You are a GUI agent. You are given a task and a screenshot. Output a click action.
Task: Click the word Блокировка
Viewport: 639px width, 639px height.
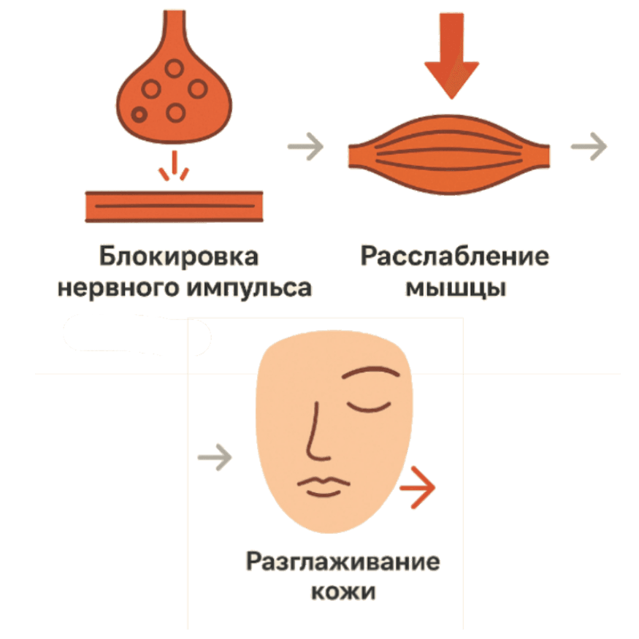tap(178, 257)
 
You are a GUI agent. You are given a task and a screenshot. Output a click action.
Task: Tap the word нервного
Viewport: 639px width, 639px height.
tap(118, 288)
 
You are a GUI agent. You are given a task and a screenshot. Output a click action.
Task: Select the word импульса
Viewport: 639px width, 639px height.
tap(250, 288)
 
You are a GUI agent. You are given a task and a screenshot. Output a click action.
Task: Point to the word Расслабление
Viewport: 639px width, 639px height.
tap(455, 257)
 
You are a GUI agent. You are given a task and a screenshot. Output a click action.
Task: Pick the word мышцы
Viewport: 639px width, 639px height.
tap(456, 288)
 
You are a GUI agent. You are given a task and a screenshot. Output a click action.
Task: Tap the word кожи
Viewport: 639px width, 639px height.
tap(343, 592)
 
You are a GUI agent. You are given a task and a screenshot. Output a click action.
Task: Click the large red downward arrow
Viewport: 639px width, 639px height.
tap(451, 56)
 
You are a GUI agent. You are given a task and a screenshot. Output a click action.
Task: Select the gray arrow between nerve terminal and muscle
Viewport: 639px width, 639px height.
tap(306, 146)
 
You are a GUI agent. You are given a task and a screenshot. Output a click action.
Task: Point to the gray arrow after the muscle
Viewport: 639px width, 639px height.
tap(589, 146)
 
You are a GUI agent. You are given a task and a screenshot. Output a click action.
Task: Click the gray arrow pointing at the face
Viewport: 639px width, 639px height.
tap(215, 457)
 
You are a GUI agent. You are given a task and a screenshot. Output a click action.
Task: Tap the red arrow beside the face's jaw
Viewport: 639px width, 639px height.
tap(417, 487)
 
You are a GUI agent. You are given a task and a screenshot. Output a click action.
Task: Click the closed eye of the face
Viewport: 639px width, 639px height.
tap(368, 407)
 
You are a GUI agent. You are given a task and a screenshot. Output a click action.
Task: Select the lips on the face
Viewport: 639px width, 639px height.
tap(324, 486)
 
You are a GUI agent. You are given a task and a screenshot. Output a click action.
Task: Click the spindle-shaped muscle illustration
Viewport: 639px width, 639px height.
tap(448, 155)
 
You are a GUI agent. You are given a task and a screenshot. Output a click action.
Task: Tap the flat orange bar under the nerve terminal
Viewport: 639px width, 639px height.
tap(174, 206)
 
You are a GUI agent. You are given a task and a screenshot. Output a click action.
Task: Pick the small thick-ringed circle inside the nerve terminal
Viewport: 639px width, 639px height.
tap(139, 115)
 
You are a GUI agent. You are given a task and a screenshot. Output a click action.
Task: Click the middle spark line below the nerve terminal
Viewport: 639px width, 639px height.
tap(175, 162)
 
